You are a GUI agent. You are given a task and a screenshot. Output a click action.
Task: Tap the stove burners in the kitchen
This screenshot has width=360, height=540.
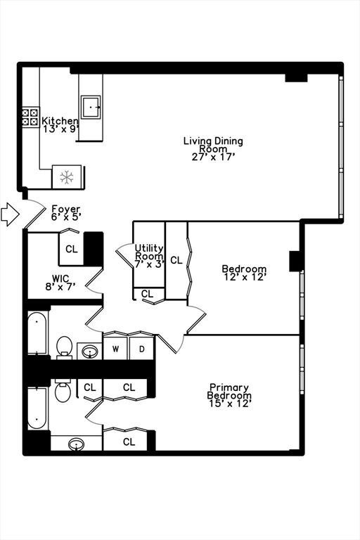tap(30, 117)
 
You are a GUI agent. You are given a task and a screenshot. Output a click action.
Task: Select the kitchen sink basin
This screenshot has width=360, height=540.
tap(91, 106)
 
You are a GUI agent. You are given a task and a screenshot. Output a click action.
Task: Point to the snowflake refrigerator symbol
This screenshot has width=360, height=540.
tap(67, 176)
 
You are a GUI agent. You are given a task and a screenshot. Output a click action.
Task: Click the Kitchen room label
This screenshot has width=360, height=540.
tap(59, 121)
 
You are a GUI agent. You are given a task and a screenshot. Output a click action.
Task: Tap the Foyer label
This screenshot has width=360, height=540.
tap(66, 209)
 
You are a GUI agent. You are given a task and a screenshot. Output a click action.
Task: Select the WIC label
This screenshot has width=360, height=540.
tap(60, 278)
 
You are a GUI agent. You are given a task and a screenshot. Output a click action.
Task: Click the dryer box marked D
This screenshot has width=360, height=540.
tap(141, 348)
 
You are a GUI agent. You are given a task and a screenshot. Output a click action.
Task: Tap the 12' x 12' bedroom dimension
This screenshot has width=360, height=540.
tap(244, 278)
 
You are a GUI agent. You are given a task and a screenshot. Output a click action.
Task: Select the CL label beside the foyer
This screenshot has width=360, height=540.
tap(72, 249)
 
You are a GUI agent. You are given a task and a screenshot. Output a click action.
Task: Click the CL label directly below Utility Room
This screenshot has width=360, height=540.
tap(147, 293)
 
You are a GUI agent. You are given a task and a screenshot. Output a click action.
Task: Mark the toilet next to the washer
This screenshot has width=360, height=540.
tap(64, 346)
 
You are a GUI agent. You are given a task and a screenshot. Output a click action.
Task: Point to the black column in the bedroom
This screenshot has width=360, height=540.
tap(296, 260)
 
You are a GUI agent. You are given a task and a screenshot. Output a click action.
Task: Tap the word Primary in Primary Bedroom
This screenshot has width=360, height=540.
tap(230, 387)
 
